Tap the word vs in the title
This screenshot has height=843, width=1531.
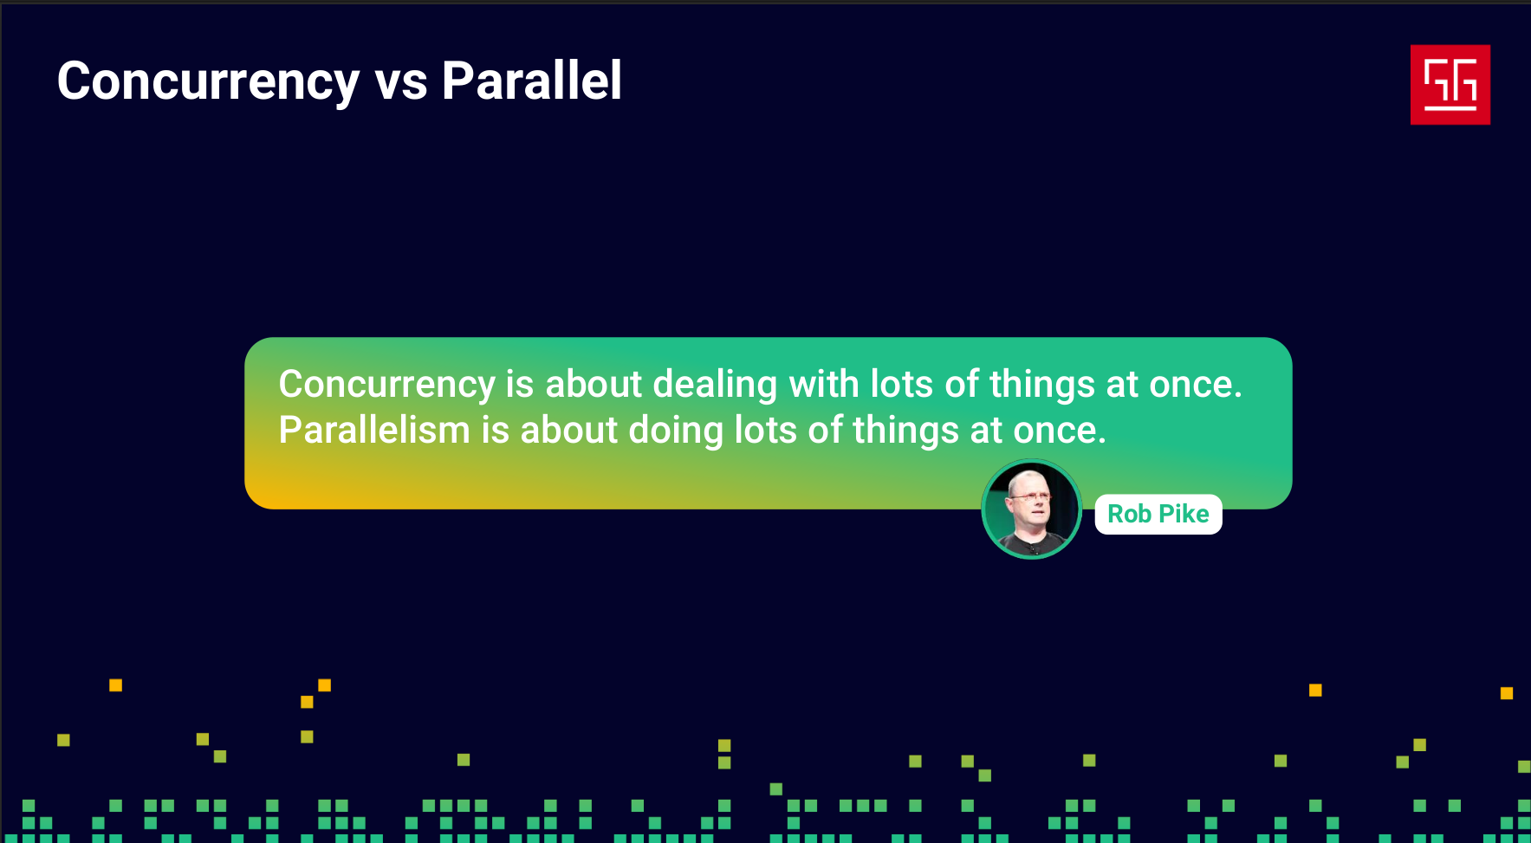tap(401, 83)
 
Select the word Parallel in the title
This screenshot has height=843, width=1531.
tap(532, 81)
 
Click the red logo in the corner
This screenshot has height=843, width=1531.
tap(1450, 85)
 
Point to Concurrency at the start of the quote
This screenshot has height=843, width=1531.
tap(386, 386)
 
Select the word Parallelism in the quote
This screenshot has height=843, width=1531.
tap(374, 430)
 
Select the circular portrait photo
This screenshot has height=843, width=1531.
tap(1031, 509)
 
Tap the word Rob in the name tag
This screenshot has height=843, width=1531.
tap(1129, 514)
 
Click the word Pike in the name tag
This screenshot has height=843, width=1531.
tap(1184, 514)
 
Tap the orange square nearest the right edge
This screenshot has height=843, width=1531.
tap(1507, 693)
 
